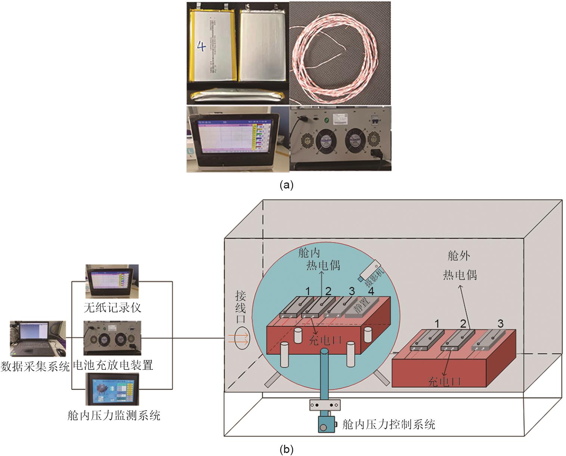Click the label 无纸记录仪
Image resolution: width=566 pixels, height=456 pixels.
pyautogui.click(x=112, y=307)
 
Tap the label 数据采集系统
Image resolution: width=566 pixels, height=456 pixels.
pyautogui.click(x=35, y=366)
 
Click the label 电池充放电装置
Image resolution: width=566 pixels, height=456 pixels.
pyautogui.click(x=114, y=364)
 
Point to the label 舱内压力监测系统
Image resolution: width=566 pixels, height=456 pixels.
pyautogui.click(x=114, y=415)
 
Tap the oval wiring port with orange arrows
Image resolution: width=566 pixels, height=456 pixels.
pyautogui.click(x=241, y=338)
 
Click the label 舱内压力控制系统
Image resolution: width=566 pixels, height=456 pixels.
pyautogui.click(x=389, y=425)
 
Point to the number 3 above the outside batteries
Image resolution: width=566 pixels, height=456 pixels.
pyautogui.click(x=501, y=324)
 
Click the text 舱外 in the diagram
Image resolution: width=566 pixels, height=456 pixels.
pyautogui.click(x=458, y=256)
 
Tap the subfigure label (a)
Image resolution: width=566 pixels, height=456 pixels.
pyautogui.click(x=287, y=185)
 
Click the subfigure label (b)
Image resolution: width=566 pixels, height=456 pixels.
pyautogui.click(x=287, y=450)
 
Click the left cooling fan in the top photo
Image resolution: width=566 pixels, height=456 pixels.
pyautogui.click(x=326, y=141)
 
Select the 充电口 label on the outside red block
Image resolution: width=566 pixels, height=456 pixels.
pyautogui.click(x=444, y=381)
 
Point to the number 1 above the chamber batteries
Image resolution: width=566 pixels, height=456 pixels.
pyautogui.click(x=308, y=291)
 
